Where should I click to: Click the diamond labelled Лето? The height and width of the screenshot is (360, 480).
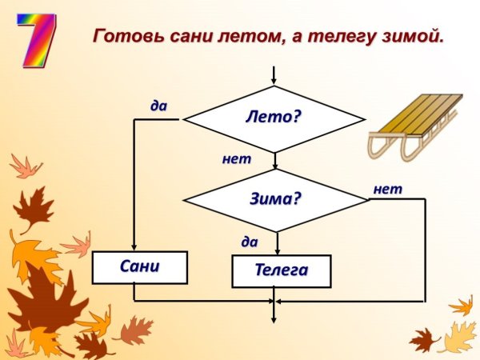274,118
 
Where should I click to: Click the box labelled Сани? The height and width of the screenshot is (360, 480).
140,267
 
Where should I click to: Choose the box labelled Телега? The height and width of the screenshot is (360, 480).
281,271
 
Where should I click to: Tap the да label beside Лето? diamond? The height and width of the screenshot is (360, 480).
158,105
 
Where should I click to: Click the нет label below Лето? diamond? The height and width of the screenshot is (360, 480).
237,158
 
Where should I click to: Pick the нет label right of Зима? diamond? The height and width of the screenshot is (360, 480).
388,189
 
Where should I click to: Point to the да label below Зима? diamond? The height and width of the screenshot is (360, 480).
250,240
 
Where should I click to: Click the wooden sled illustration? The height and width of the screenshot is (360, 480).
414,126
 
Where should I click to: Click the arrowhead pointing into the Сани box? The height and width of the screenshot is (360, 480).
134,246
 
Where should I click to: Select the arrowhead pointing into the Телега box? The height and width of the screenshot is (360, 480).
277,250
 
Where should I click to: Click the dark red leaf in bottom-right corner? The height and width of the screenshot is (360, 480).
422,340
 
